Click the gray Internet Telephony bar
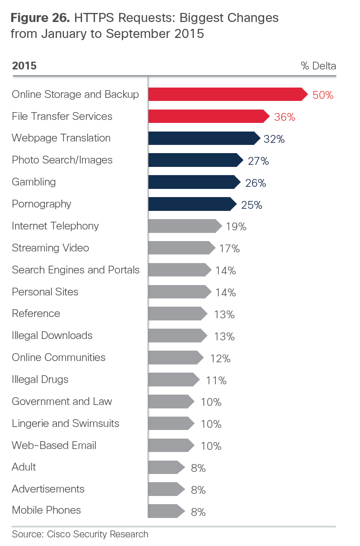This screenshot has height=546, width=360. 184,226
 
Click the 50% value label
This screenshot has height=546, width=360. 323,95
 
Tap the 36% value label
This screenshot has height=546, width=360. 284,117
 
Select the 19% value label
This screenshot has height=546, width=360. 236,227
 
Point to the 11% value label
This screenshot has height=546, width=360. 216,380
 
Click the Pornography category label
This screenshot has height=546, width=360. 41,204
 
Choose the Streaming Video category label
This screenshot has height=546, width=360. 51,248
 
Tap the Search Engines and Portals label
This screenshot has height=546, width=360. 76,270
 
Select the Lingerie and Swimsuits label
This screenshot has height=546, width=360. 66,424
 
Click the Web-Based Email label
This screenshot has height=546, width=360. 54,446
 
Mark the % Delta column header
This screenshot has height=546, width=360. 318,66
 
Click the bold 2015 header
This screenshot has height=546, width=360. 24,66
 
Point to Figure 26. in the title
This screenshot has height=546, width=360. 40,18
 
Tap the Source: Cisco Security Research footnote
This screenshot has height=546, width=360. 80,534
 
